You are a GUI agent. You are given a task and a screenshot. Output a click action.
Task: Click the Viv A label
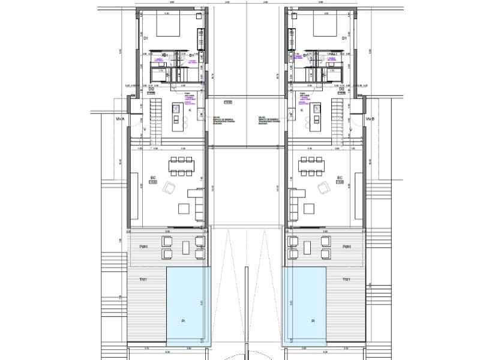click(119, 119)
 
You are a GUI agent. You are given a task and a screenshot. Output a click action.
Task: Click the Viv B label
click(369, 119)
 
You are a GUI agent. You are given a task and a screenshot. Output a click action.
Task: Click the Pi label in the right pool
click(313, 322)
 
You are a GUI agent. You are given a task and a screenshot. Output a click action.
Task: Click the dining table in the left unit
click(182, 166)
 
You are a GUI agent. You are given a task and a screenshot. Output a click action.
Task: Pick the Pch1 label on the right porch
click(346, 247)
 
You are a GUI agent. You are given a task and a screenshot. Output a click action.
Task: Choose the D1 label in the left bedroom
click(146, 38)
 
